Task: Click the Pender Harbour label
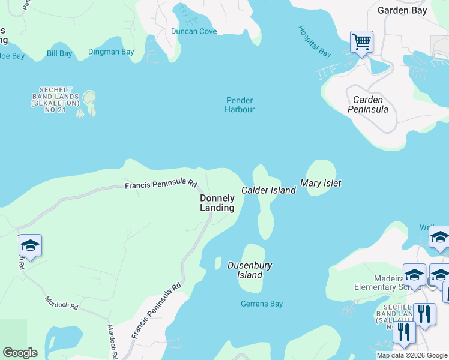click(240, 105)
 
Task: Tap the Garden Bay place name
click(402, 10)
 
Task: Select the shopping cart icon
click(361, 42)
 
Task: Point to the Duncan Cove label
click(193, 31)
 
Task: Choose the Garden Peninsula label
click(367, 104)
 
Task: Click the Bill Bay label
click(59, 54)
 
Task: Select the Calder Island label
click(268, 190)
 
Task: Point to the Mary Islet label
click(321, 183)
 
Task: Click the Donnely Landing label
click(217, 203)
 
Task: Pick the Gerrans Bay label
click(261, 304)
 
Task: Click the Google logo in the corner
click(20, 353)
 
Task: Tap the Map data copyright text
click(412, 355)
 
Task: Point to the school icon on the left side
click(30, 246)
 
